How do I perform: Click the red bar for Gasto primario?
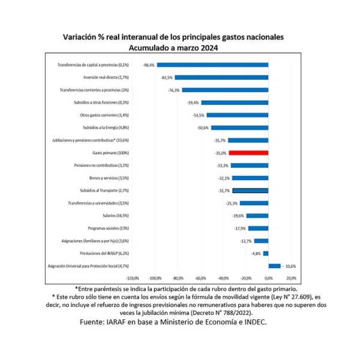coord(248,153)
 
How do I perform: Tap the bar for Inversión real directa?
coord(221,77)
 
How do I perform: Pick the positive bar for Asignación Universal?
coord(274,266)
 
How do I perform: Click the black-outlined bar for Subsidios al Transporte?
coord(250,190)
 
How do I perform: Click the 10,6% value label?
coord(290,266)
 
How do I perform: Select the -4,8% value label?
coord(254,253)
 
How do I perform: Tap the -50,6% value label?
coord(202,128)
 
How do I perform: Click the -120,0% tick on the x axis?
coord(133,278)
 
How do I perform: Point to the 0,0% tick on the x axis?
coord(269,278)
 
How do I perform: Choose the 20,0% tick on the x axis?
coord(291,278)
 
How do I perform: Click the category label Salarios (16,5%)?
coord(116,215)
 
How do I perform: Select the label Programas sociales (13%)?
coord(112,228)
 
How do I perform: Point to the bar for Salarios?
coord(257,215)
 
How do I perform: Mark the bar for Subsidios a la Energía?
coord(239,128)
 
